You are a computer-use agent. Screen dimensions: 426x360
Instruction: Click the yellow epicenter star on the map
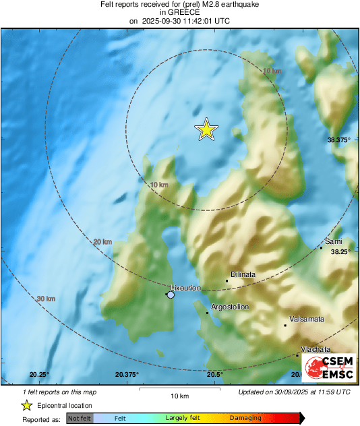point(206,129)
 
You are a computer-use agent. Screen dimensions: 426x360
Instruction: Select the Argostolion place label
point(230,307)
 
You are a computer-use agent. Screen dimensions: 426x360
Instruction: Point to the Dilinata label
point(243,274)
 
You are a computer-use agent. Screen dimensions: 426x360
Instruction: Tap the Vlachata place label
point(316,349)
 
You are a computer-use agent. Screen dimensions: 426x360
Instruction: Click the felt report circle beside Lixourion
point(171,295)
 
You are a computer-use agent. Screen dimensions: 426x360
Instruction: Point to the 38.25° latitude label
point(341,251)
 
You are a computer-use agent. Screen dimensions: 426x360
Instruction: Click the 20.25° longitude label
point(40,375)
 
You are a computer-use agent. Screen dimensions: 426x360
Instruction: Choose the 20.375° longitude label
point(127,375)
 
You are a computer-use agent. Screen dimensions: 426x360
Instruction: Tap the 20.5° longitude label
point(215,375)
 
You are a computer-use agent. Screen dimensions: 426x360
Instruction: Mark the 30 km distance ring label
point(46,299)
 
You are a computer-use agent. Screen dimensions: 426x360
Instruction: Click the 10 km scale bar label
point(179,396)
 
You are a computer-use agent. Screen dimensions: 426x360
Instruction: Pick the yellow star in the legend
point(26,405)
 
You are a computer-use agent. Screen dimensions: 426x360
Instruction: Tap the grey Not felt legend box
point(80,419)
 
